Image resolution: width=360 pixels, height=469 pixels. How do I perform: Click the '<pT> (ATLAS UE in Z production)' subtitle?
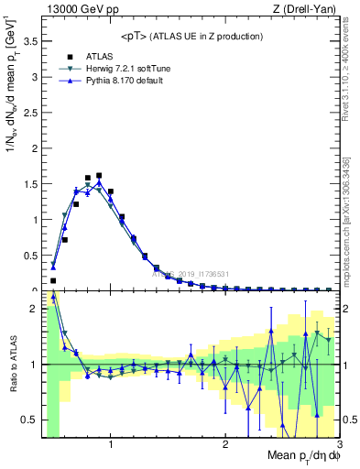click(x=191, y=36)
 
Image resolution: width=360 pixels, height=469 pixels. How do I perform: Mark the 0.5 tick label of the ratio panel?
click(x=30, y=420)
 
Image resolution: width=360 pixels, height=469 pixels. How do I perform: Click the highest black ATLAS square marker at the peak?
click(x=99, y=175)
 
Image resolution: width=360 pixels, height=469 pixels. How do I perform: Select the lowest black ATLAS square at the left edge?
click(x=53, y=280)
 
